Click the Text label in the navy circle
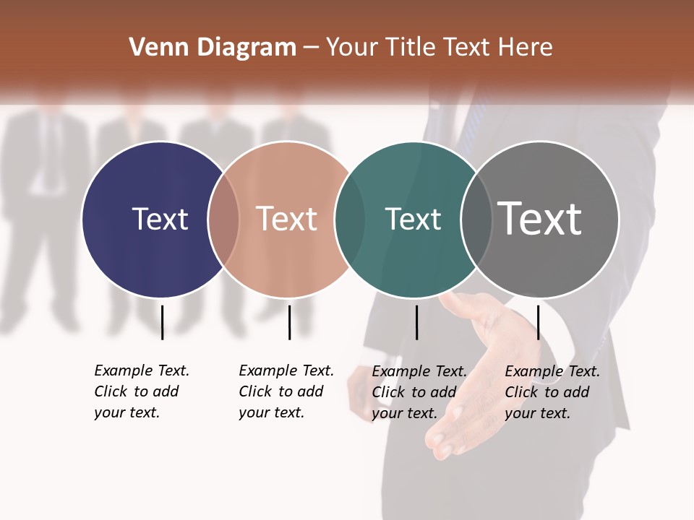[160, 219]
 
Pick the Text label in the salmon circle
[287, 219]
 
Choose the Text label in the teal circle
[413, 219]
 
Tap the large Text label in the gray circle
[540, 218]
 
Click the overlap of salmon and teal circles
[350, 220]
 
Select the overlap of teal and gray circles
[476, 220]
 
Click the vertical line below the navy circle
[162, 322]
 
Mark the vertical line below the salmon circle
[289, 322]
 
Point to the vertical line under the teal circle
[416, 322]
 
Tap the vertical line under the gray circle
[538, 322]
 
